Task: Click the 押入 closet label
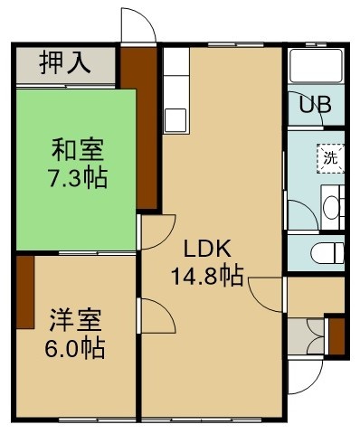click(65, 62)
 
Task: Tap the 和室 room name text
click(78, 150)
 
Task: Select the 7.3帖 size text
click(78, 178)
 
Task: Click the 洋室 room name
click(75, 320)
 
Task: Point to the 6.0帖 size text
click(75, 348)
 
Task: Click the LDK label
click(207, 249)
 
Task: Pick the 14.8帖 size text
click(207, 276)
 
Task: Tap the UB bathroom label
click(316, 105)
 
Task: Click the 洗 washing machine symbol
click(330, 158)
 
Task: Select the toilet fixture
click(327, 253)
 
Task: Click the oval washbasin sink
click(331, 208)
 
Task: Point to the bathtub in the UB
click(316, 66)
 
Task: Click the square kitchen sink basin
click(175, 120)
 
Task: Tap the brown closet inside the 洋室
click(25, 292)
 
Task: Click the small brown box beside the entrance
click(336, 336)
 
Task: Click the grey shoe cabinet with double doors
click(306, 336)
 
